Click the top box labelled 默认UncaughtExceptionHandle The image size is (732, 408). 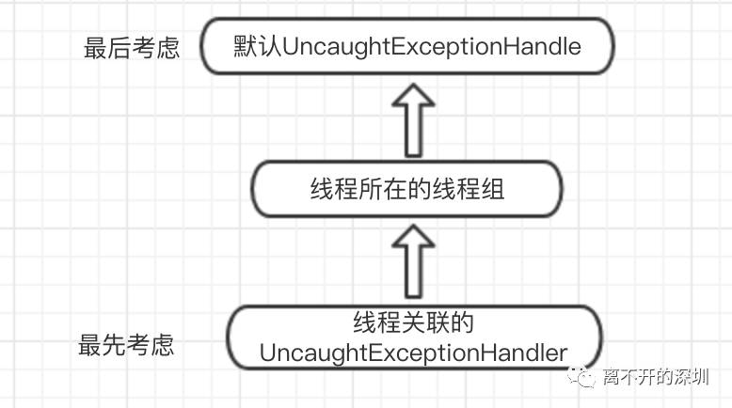coord(407,46)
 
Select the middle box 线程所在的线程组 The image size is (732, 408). coord(407,189)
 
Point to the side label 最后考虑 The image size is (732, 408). coord(132,48)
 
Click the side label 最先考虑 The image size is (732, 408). coord(127,344)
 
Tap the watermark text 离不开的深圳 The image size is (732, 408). coord(657,378)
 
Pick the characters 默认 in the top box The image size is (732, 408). coord(251,46)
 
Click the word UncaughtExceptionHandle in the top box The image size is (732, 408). coord(425,46)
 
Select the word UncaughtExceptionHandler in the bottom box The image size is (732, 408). coord(413,353)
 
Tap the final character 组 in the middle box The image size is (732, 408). coord(493,189)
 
